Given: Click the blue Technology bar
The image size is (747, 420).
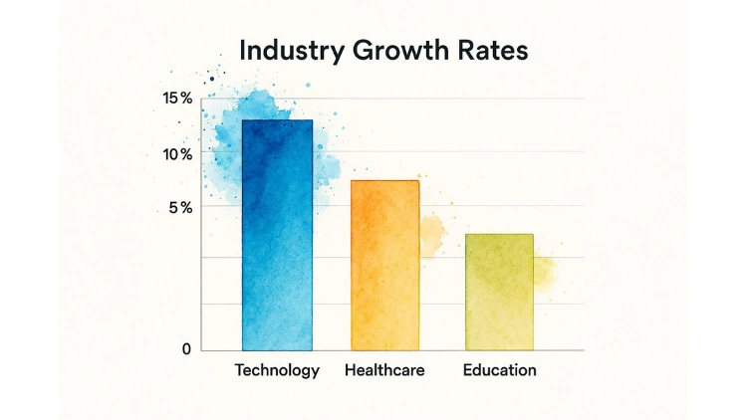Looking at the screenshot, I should coord(277,239).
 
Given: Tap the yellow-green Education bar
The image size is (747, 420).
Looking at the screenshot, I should coord(499,293).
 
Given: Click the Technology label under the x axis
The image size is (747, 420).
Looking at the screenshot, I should coord(277,370).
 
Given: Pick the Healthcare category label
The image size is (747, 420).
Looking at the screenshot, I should coord(384,370).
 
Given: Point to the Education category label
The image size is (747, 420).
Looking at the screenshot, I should coord(499,370).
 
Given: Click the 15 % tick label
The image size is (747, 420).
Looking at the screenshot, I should coord(177,99).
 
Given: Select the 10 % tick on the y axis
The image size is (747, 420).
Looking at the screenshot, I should coord(177,154).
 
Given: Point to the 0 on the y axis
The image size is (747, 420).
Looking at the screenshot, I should coord(186,349).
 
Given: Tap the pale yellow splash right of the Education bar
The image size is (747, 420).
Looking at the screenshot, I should coord(545,271).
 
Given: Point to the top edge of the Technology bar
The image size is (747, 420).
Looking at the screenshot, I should coord(277,120).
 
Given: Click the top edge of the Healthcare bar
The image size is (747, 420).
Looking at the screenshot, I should coord(384,181).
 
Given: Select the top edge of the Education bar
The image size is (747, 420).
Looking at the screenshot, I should coord(499,235).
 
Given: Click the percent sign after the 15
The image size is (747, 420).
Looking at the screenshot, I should coord(186,99).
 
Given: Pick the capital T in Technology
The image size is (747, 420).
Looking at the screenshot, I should coord(240,370).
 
